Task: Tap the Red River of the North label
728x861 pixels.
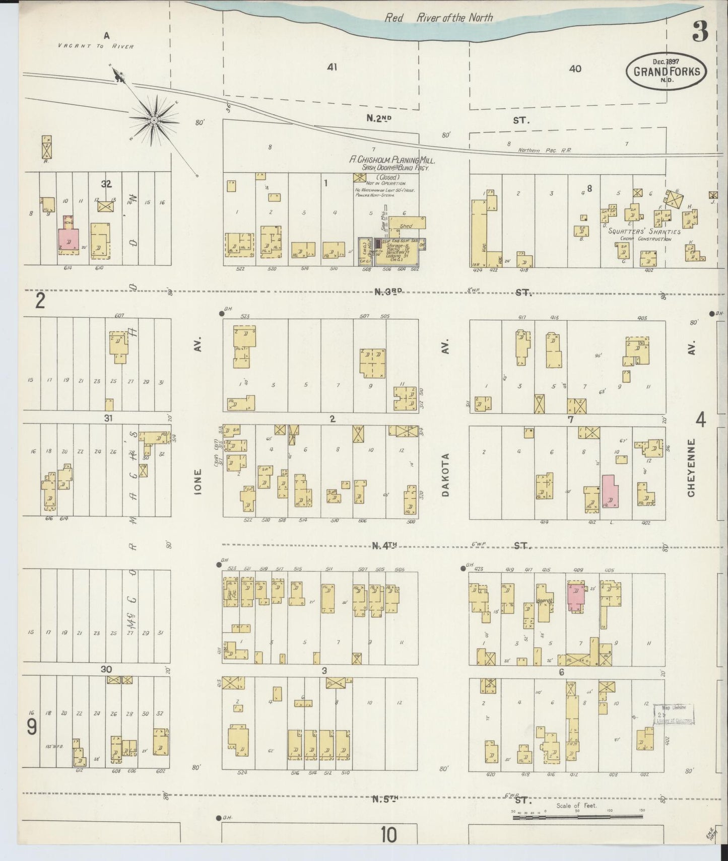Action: (x=438, y=18)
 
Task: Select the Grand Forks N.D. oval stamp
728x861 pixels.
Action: (x=666, y=71)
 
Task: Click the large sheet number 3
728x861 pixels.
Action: (x=700, y=32)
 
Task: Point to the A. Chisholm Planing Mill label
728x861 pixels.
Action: (x=392, y=160)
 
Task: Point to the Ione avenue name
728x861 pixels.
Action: (x=197, y=482)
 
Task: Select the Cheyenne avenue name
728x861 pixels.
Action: (x=691, y=467)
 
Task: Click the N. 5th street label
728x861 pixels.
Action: (x=386, y=799)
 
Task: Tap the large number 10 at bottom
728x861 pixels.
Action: (x=388, y=835)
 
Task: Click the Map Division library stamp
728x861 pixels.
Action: (x=674, y=714)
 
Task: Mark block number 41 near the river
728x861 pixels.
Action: (x=332, y=67)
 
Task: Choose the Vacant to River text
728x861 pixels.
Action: (x=96, y=46)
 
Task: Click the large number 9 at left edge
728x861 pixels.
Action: (x=31, y=727)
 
